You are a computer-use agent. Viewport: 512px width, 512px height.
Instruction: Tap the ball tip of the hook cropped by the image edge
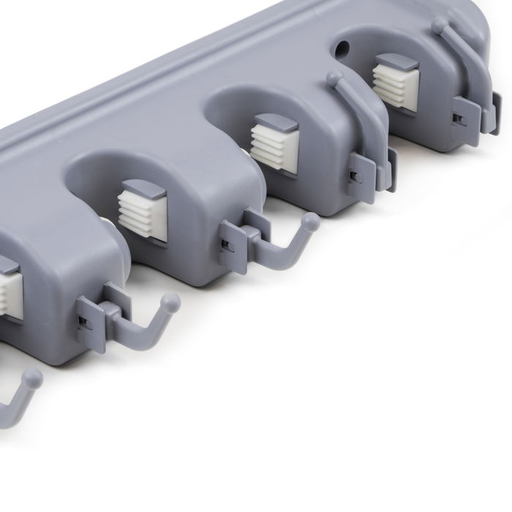(32, 377)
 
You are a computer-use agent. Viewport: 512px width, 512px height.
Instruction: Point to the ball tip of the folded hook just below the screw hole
(334, 77)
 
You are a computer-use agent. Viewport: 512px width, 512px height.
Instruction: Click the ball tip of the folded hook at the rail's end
(440, 25)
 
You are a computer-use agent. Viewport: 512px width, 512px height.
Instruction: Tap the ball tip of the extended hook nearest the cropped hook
(170, 301)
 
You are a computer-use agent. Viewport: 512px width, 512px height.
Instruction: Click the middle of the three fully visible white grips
(274, 146)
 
